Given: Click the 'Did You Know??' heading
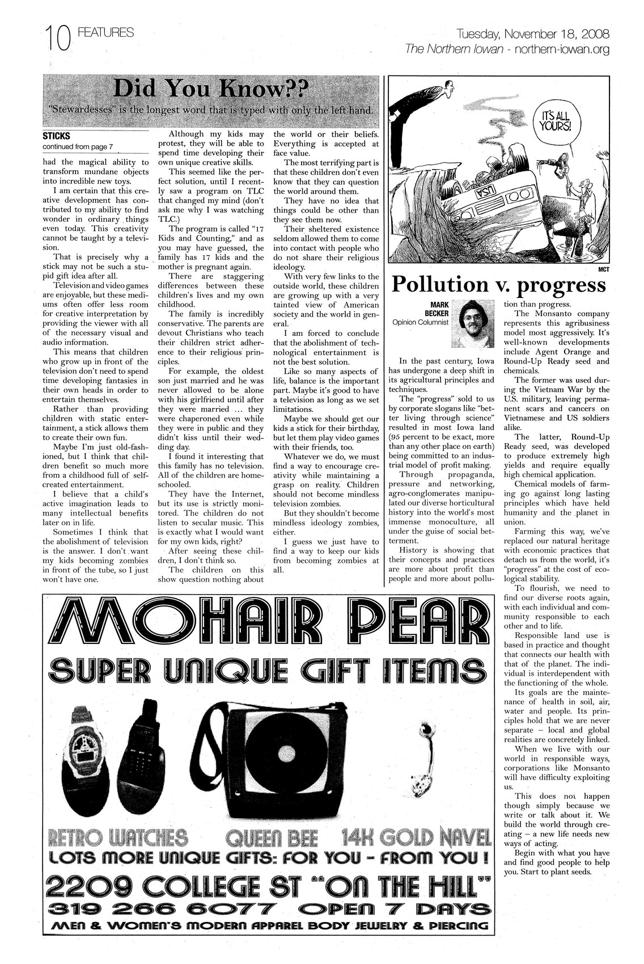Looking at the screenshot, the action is [x=211, y=89].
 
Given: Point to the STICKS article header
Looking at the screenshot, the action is [x=56, y=136].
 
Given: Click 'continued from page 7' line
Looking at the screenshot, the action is [x=78, y=146].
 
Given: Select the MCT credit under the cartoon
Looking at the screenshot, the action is [x=603, y=270].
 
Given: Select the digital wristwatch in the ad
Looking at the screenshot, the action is [x=90, y=745].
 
